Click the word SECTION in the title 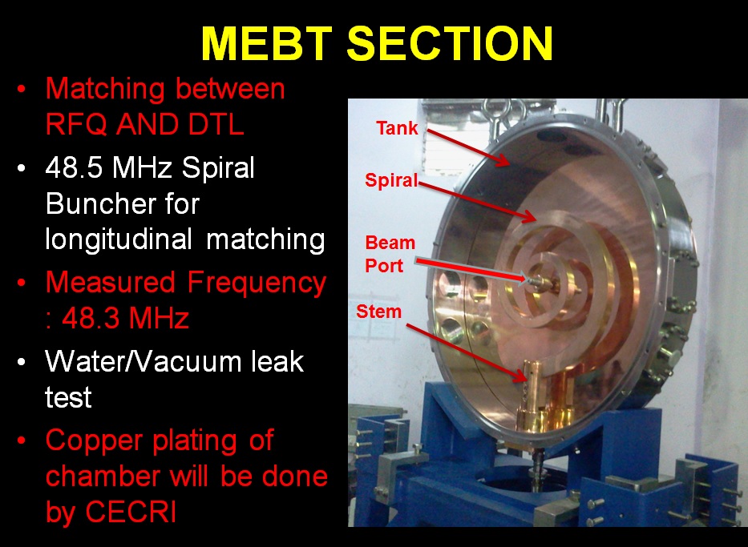[450, 43]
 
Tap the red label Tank [397, 127]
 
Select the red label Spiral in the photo [391, 180]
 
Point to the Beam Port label [390, 254]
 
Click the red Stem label [378, 312]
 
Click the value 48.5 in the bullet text [74, 167]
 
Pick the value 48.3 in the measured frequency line [91, 318]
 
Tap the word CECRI [131, 513]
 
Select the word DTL [216, 124]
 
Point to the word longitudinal [119, 239]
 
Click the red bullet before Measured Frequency [21, 283]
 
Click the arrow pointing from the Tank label [468, 147]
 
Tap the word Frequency [257, 283]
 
